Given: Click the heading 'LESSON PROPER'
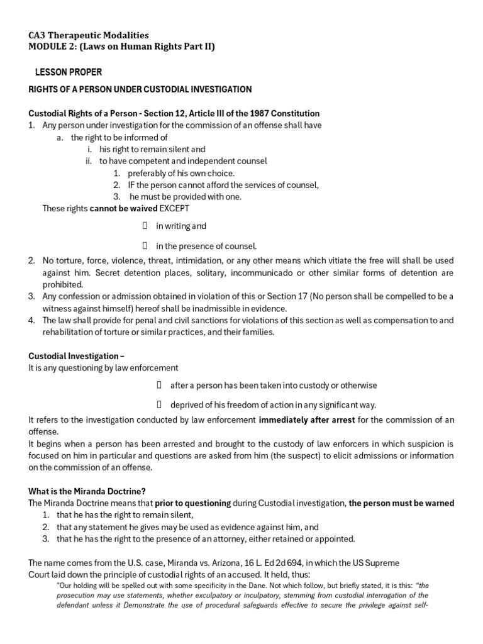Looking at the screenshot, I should point(69,72).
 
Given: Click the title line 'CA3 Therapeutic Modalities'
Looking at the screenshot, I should point(89,36).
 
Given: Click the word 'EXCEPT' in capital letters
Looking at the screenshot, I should point(174,208).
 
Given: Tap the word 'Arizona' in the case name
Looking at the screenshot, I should point(204,563).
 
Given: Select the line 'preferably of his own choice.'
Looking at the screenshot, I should point(181,173).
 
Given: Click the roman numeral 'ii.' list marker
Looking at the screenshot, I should point(89,161).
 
